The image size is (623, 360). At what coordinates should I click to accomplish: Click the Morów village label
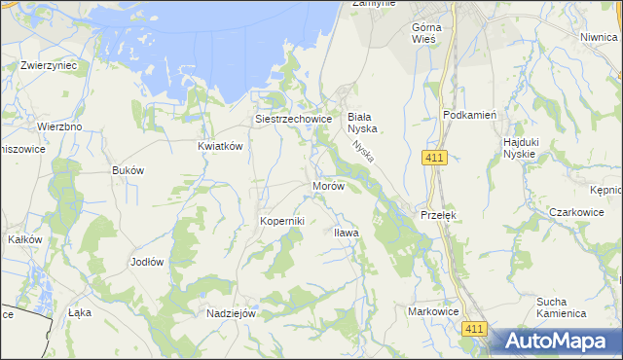pyautogui.click(x=327, y=186)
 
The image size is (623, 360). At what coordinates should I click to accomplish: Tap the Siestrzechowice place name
pyautogui.click(x=294, y=120)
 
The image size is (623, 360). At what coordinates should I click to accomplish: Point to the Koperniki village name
pyautogui.click(x=282, y=221)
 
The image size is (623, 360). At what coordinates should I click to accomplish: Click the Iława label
pyautogui.click(x=347, y=234)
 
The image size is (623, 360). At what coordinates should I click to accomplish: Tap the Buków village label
pyautogui.click(x=128, y=169)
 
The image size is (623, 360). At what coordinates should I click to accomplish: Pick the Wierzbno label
pyautogui.click(x=58, y=126)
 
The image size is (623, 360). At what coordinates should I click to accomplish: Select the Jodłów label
pyautogui.click(x=147, y=263)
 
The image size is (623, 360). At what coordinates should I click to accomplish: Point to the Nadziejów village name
pyautogui.click(x=231, y=313)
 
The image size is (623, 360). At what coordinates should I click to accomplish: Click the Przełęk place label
pyautogui.click(x=438, y=214)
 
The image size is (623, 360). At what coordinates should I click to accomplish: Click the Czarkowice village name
pyautogui.click(x=576, y=212)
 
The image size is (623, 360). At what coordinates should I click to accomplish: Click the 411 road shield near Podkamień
pyautogui.click(x=435, y=158)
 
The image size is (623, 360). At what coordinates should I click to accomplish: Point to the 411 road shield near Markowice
pyautogui.click(x=474, y=331)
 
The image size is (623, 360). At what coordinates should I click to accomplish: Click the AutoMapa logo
pyautogui.click(x=555, y=342)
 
